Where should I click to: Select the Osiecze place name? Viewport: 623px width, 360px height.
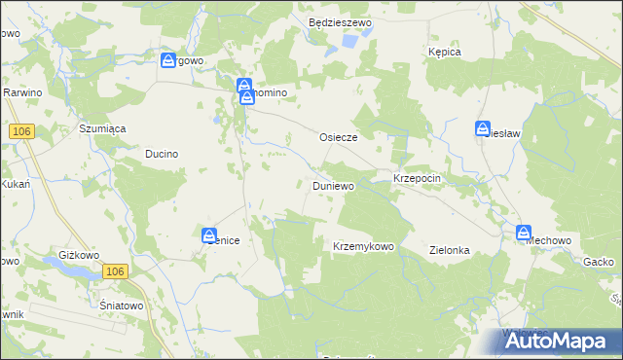339,138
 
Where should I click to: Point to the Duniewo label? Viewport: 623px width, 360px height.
333,184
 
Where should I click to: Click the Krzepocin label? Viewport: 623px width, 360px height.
419,181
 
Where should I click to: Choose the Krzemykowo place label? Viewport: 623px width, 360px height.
363,246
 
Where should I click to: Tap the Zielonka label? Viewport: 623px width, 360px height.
450,250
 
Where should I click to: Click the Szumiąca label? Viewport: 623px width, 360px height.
102,128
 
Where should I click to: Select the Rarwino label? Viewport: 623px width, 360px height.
20,92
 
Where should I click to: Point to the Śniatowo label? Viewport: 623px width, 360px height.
122,305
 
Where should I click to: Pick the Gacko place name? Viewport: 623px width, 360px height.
597,263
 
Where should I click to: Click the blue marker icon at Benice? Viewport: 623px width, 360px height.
209,235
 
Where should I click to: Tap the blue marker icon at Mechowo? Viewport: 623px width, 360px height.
524,234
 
